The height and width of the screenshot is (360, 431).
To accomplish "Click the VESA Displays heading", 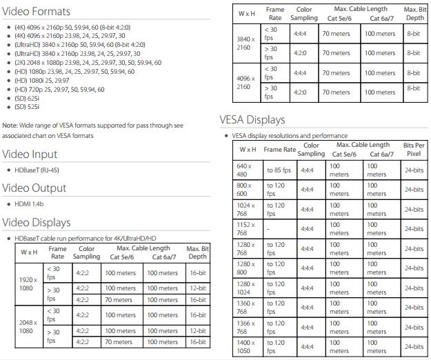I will pyautogui.click(x=252, y=119).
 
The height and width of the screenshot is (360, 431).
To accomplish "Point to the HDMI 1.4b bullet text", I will pyautogui.click(x=29, y=204).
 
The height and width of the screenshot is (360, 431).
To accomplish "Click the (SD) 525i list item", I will pyautogui.click(x=27, y=107).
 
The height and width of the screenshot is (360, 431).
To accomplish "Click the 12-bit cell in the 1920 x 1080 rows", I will pyautogui.click(x=197, y=289).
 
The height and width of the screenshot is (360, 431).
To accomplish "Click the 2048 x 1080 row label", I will pyautogui.click(x=28, y=326).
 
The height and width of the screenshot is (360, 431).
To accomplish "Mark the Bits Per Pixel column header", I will pyautogui.click(x=413, y=149).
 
